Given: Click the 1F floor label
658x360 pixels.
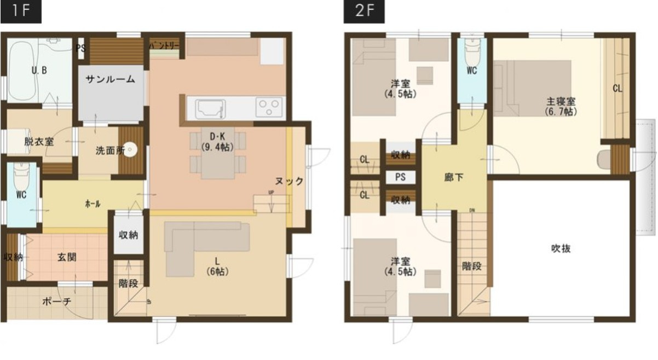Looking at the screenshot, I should pyautogui.click(x=21, y=12).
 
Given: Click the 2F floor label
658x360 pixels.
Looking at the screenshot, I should pyautogui.click(x=364, y=12).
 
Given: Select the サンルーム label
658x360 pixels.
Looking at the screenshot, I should pyautogui.click(x=110, y=79).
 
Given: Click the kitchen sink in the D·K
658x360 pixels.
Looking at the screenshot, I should pyautogui.click(x=207, y=107).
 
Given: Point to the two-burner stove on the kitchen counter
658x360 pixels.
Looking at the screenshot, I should pyautogui.click(x=269, y=105).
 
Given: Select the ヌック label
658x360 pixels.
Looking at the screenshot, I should pyautogui.click(x=288, y=182).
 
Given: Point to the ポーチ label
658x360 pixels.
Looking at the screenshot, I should pyautogui.click(x=55, y=301).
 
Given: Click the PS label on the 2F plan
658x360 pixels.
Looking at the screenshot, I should pyautogui.click(x=400, y=178).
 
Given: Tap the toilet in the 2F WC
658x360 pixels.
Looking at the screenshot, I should pyautogui.click(x=471, y=52).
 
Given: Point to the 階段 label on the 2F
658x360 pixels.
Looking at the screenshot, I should pyautogui.click(x=471, y=267).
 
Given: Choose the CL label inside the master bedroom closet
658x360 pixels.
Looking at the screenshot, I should pyautogui.click(x=617, y=88).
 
